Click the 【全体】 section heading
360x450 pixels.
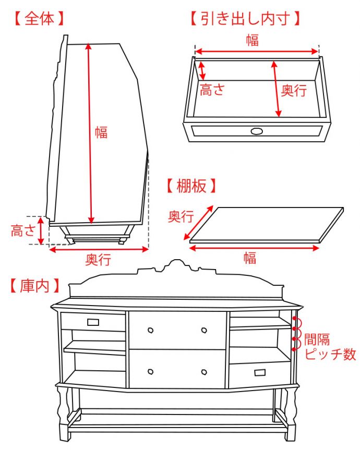click(x=38, y=18)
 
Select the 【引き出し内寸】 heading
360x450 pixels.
click(x=245, y=18)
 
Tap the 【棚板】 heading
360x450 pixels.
click(x=191, y=186)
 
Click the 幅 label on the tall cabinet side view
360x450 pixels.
click(x=101, y=132)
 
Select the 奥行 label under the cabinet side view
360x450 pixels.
click(x=98, y=259)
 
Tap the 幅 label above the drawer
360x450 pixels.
click(x=252, y=40)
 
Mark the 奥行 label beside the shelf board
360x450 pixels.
click(x=181, y=216)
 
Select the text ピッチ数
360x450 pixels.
click(x=330, y=355)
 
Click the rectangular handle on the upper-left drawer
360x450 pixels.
click(x=93, y=322)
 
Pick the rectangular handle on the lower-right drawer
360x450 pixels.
click(x=260, y=372)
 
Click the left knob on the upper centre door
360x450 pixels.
click(x=150, y=330)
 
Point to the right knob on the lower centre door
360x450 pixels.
click(x=203, y=371)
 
